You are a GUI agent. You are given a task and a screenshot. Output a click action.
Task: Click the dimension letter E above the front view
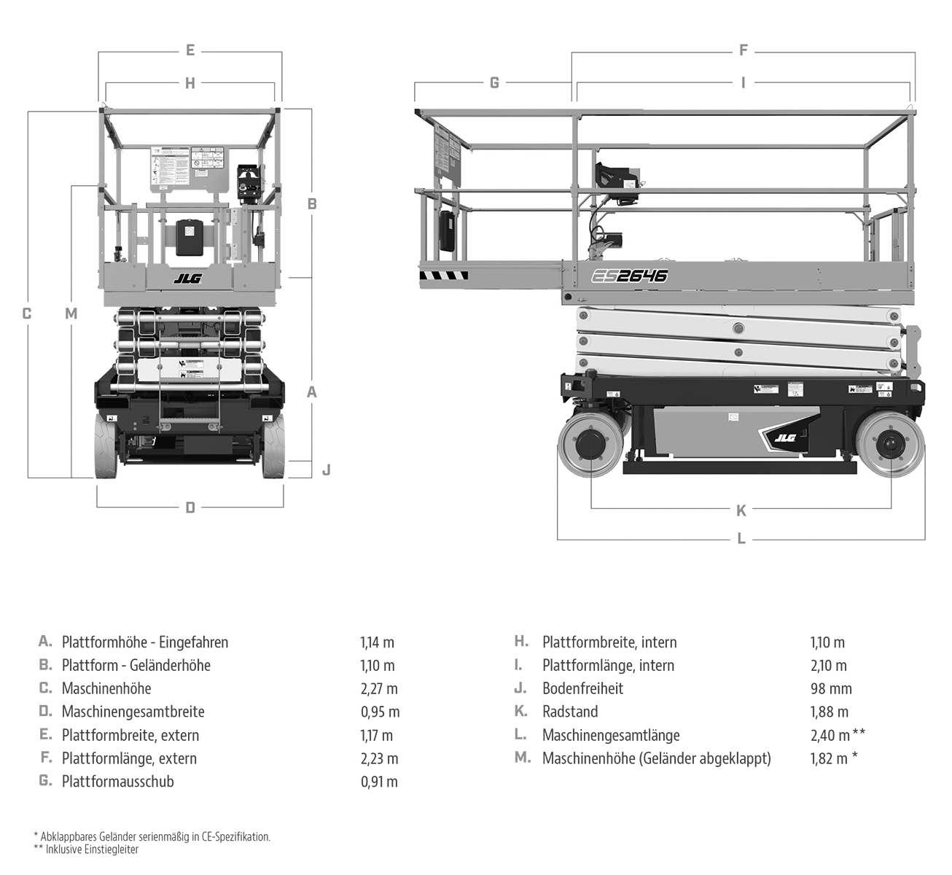pos(190,50)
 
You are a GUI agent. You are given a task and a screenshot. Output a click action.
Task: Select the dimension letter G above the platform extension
pos(494,82)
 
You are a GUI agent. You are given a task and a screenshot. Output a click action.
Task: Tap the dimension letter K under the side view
pos(741,510)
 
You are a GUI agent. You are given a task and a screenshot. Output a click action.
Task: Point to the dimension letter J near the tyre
pos(326,470)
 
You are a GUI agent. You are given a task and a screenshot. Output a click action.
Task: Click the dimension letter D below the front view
pos(190,507)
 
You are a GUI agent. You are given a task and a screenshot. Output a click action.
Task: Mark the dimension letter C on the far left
pos(27,314)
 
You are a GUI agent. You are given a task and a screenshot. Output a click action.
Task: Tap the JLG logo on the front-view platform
pos(187,278)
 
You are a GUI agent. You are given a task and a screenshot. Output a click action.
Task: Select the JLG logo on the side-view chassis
pos(785,437)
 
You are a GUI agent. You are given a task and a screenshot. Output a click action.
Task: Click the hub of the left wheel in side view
pos(590,446)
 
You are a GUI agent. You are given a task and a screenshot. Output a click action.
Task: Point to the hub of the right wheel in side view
pos(890,446)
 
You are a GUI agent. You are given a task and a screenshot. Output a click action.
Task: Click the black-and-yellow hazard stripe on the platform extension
pos(443,276)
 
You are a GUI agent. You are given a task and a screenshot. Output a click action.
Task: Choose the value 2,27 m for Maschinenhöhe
pos(379,688)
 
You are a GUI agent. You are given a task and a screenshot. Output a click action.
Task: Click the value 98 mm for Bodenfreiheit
pos(830,688)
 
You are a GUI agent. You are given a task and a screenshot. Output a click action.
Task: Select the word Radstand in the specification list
pos(569,712)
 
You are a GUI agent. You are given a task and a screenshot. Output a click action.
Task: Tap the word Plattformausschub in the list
pos(117,782)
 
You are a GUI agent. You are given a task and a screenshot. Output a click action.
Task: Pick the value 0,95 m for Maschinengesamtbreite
pos(380,712)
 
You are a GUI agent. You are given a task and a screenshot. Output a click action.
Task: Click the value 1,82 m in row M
pos(829,758)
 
